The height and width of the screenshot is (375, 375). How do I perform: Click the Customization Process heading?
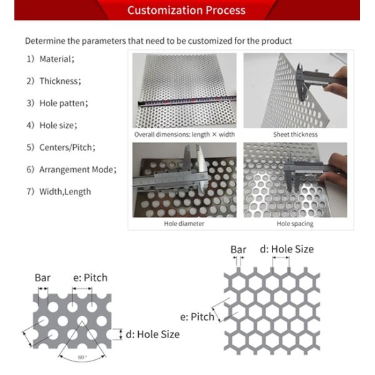186,10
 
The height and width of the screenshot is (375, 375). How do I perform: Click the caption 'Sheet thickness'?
295,134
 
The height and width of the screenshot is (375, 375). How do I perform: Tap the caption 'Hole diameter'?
184,223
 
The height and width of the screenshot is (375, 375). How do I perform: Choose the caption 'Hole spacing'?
295,223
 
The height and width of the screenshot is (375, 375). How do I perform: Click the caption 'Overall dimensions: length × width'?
184,134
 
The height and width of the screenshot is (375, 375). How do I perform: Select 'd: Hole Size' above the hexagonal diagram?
286,249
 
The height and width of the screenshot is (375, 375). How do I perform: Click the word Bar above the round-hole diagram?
42,277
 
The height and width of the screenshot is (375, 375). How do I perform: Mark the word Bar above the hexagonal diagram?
238,249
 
